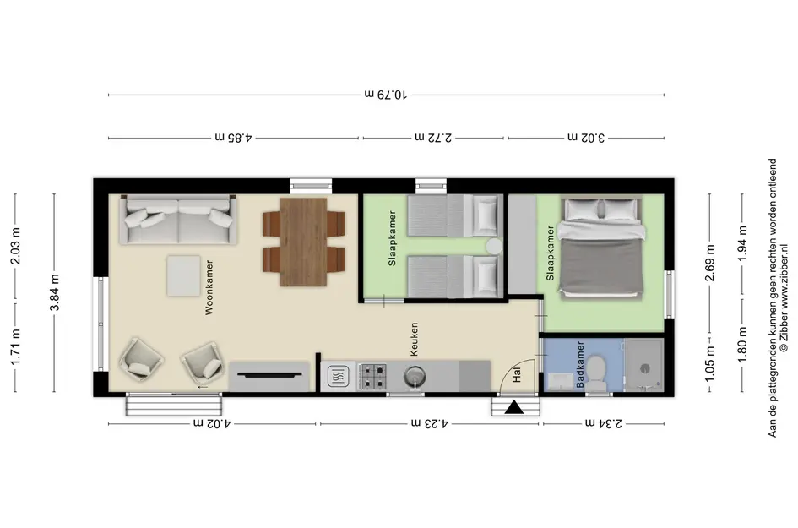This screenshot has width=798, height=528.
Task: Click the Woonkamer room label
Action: (209, 288)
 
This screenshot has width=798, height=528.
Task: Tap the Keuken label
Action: (415, 339)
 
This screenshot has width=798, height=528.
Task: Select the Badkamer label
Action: (581, 365)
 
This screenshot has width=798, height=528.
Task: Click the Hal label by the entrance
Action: (517, 376)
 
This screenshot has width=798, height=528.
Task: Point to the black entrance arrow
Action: (514, 407)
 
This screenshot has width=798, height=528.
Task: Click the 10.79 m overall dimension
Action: (386, 95)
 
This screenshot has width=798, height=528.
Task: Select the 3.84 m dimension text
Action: (55, 292)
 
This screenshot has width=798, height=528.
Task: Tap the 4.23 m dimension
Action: (430, 423)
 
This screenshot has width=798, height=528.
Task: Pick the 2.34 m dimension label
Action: (604, 423)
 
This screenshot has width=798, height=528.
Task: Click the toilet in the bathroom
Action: (595, 373)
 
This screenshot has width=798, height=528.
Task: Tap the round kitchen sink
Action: (415, 378)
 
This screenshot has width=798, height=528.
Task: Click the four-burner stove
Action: (372, 377)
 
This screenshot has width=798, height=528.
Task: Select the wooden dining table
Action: (303, 242)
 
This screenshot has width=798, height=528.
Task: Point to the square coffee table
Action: (184, 275)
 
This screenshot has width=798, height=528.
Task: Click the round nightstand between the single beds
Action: (494, 247)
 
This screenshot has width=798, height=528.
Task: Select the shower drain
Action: (645, 368)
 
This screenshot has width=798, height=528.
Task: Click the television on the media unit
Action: (269, 374)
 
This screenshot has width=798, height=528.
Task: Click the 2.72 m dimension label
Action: (433, 138)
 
